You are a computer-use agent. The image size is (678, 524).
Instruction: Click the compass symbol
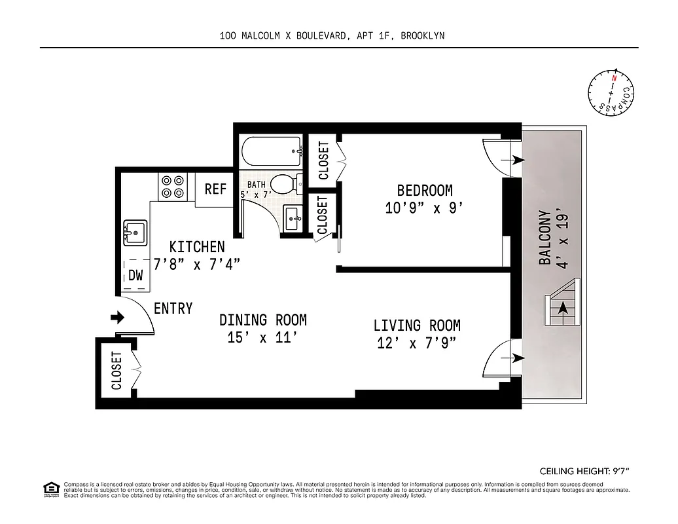(x=611, y=93)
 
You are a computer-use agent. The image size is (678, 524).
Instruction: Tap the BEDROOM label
(x=425, y=191)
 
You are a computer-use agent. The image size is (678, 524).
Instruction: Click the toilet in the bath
(x=284, y=184)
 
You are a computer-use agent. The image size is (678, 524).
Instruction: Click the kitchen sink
(x=135, y=232)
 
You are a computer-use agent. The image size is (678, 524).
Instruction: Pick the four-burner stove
(x=173, y=187)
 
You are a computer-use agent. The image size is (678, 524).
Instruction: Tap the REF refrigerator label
(x=215, y=189)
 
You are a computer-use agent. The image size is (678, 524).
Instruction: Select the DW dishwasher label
(x=135, y=276)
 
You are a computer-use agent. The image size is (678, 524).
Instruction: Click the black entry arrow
(x=118, y=318)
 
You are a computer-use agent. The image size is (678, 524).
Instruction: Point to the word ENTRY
(x=173, y=308)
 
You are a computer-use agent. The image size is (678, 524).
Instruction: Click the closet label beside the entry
(x=116, y=370)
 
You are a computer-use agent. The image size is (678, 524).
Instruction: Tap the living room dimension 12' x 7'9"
(x=416, y=343)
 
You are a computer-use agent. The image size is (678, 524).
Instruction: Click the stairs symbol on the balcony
(x=562, y=302)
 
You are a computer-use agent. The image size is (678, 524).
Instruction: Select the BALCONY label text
(x=544, y=237)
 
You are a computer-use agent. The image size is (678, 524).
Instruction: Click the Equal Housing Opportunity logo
(x=50, y=488)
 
